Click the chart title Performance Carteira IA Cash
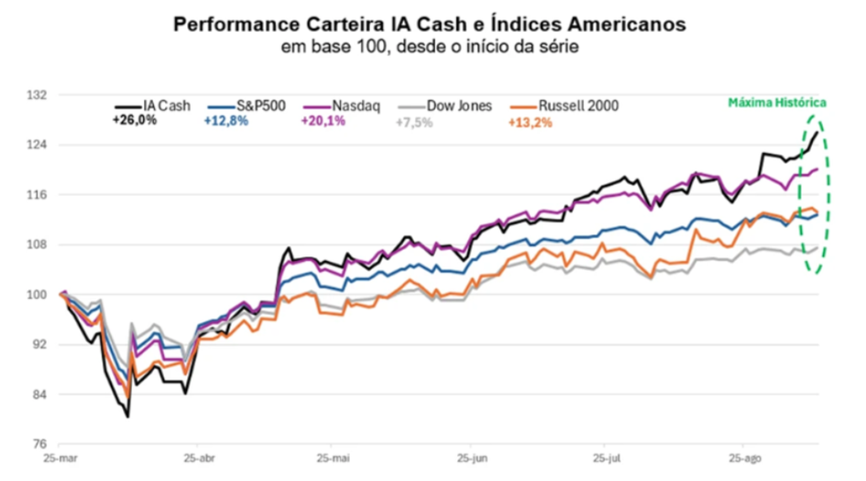coord(429,24)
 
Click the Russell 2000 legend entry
coord(576,105)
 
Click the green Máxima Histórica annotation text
coord(777,103)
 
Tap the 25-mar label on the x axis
coord(62,456)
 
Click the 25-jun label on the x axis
coord(470,456)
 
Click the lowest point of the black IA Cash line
coord(127,417)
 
